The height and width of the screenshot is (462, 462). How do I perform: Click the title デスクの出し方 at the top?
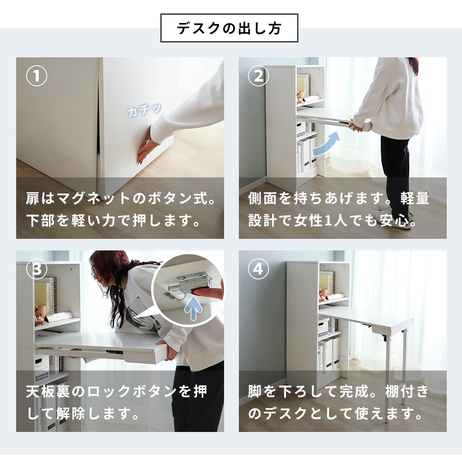[229, 28]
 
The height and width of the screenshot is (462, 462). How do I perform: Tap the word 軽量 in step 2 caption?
[415, 199]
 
